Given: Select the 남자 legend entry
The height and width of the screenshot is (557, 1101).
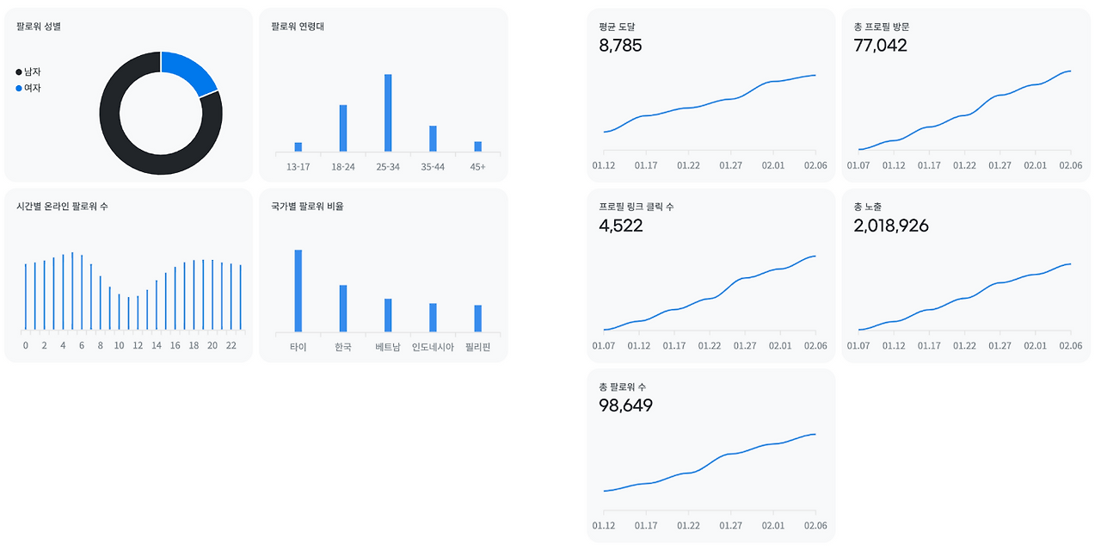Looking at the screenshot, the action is [x=28, y=71].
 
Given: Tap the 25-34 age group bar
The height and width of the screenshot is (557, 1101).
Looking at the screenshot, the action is [x=388, y=113].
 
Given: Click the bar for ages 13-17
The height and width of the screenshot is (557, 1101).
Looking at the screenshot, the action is [x=298, y=146].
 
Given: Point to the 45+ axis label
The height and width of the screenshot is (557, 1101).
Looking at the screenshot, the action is [x=477, y=167].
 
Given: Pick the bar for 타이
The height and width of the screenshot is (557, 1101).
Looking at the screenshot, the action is [x=298, y=291].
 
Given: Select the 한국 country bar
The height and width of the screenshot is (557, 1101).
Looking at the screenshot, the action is [x=343, y=308].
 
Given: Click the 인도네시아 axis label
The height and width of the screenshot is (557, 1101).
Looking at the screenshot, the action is [x=433, y=347].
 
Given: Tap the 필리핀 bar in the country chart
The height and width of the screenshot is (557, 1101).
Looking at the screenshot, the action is [x=477, y=319].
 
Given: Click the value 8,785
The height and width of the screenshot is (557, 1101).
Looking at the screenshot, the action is [x=620, y=46].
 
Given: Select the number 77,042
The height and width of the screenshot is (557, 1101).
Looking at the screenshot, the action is [x=880, y=46].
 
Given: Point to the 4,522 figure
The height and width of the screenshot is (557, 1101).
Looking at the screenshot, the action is [x=621, y=226].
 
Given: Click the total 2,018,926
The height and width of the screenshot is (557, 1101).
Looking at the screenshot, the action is [x=891, y=226].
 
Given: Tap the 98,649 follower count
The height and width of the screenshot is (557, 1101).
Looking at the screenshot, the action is [x=625, y=405].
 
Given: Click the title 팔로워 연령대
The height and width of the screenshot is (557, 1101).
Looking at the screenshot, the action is [x=298, y=27].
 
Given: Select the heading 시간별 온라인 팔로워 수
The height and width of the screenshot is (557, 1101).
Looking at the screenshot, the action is [x=62, y=206].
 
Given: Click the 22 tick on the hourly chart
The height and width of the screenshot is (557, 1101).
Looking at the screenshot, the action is [x=231, y=345].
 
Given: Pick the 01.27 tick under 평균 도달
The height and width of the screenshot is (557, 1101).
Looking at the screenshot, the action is [x=730, y=165].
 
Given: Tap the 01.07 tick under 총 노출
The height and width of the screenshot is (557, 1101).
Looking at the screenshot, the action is [x=858, y=345].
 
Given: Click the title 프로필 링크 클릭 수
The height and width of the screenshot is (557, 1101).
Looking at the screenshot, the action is [x=636, y=207].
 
